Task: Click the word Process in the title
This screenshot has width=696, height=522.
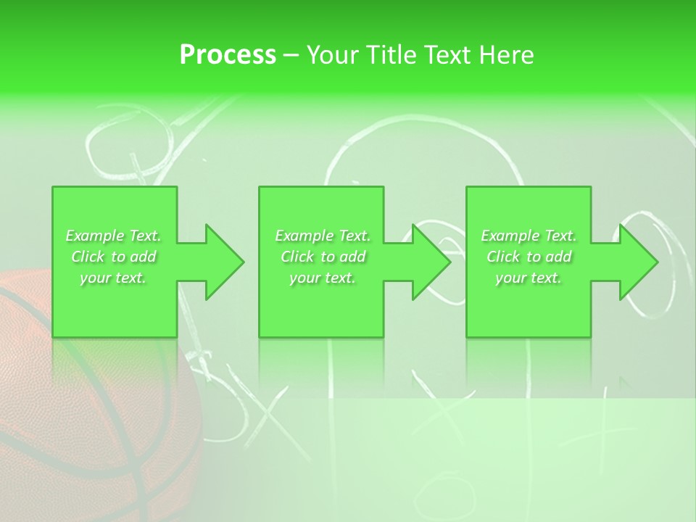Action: [x=228, y=54]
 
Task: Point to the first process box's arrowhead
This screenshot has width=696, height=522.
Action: [x=224, y=262]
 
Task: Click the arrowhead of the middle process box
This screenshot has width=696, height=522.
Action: [x=431, y=262]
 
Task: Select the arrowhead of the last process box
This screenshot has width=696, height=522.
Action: [x=638, y=262]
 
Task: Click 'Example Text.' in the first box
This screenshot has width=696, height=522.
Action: [x=114, y=236]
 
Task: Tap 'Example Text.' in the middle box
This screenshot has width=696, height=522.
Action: [x=323, y=236]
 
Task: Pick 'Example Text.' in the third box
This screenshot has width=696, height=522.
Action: [x=529, y=236]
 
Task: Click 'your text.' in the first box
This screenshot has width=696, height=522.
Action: [x=114, y=278]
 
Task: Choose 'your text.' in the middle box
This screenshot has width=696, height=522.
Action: [x=323, y=278]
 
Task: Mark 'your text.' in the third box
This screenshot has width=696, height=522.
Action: [x=529, y=278]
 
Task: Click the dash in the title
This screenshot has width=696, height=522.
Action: [x=291, y=55]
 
